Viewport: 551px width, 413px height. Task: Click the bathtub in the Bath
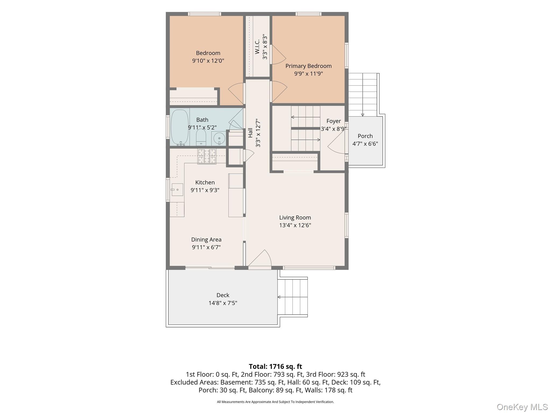pyautogui.click(x=180, y=127)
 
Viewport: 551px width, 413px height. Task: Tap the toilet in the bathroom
pyautogui.click(x=201, y=137)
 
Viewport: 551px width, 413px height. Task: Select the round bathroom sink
pyautogui.click(x=219, y=139)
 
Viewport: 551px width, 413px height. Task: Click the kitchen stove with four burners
pyautogui.click(x=207, y=156)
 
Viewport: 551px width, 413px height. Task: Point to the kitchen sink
pyautogui.click(x=177, y=190)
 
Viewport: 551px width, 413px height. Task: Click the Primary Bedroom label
pyautogui.click(x=308, y=66)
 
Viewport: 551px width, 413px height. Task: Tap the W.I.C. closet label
pyautogui.click(x=257, y=47)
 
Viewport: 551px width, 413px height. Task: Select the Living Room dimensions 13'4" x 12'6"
pyautogui.click(x=295, y=225)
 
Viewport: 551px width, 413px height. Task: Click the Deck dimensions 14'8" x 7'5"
pyautogui.click(x=223, y=303)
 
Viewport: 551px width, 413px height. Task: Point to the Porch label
pyautogui.click(x=365, y=136)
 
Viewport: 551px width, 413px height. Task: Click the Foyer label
pyautogui.click(x=334, y=121)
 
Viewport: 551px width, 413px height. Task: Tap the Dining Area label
pyautogui.click(x=206, y=240)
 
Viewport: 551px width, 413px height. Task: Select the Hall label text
pyautogui.click(x=250, y=133)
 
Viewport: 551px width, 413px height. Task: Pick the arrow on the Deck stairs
pyautogui.click(x=292, y=297)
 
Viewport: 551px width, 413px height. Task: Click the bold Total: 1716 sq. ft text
pyautogui.click(x=275, y=366)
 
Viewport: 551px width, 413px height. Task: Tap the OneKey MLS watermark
pyautogui.click(x=522, y=407)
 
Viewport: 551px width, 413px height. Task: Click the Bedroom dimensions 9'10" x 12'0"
pyautogui.click(x=208, y=61)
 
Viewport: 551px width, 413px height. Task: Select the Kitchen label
pyautogui.click(x=205, y=183)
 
